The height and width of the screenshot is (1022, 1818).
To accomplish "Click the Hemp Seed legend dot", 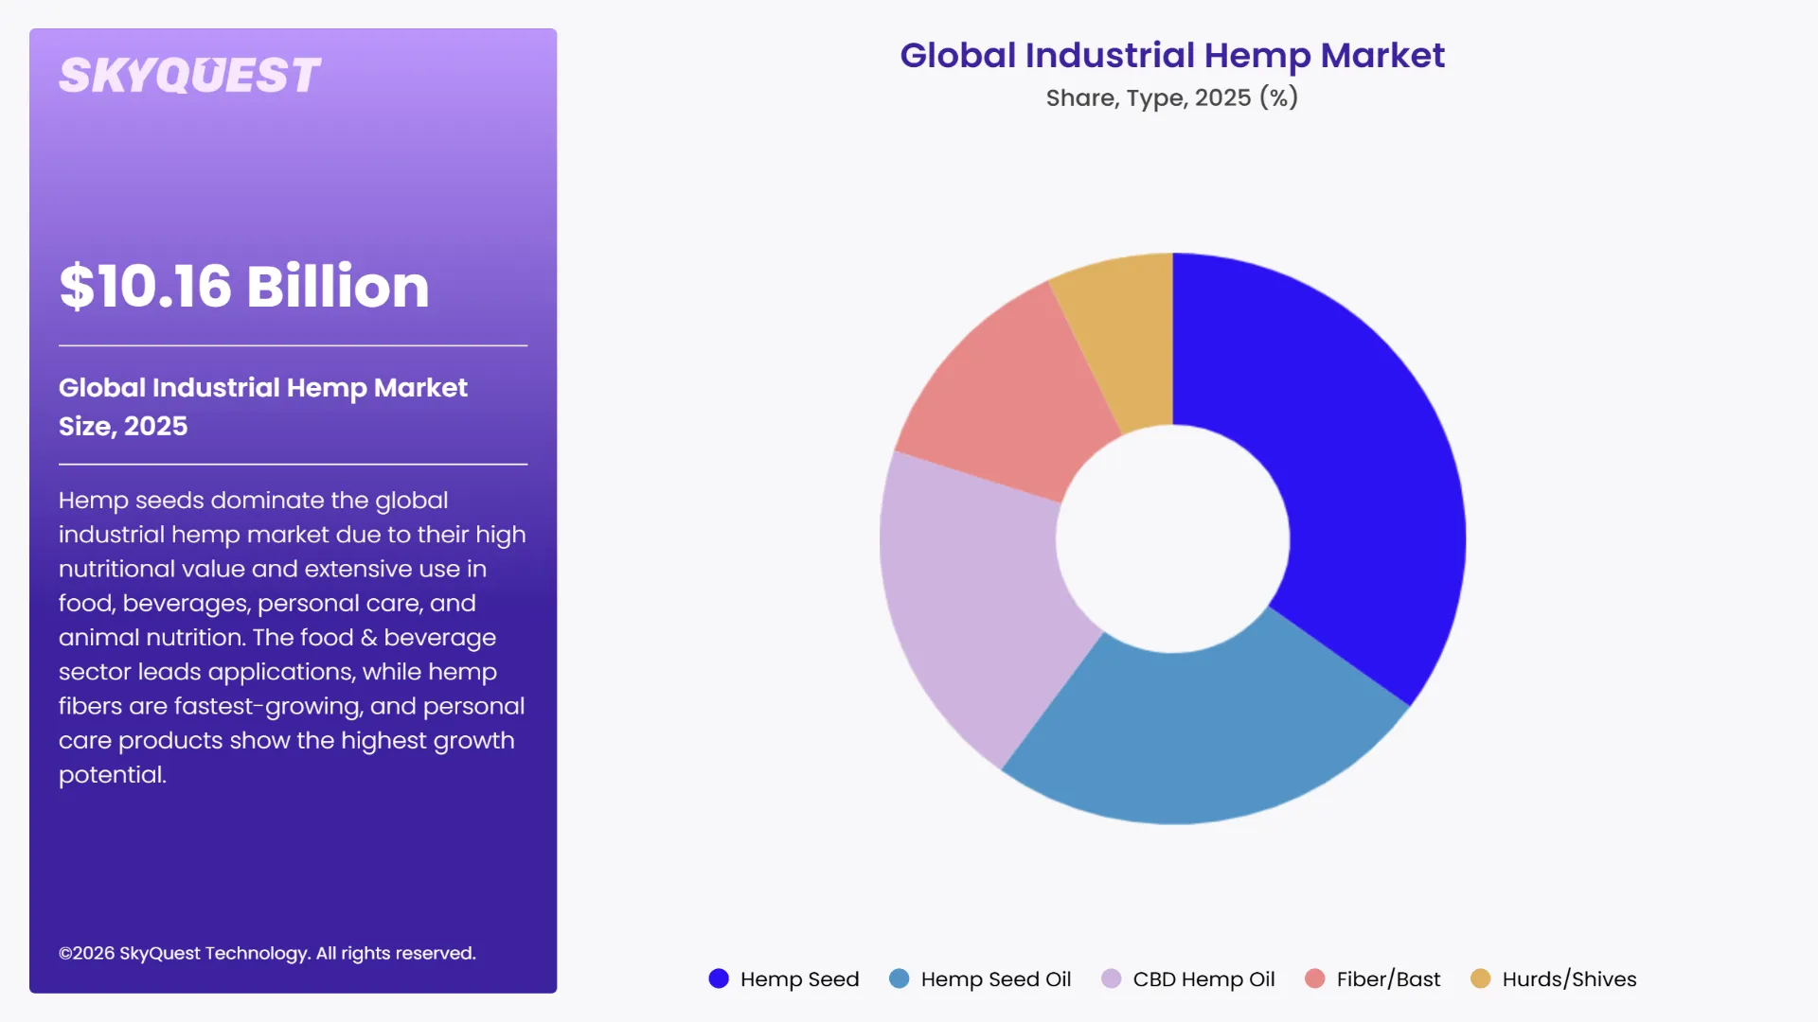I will click(719, 978).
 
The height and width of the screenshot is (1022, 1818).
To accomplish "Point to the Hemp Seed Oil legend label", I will click(995, 978).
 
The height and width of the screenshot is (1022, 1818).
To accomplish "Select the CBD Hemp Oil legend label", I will click(1203, 978).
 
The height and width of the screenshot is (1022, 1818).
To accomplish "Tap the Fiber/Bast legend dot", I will click(1314, 978).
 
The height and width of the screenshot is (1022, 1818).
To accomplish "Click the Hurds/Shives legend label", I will click(1569, 978).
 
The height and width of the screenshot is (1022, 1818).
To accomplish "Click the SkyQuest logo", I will click(189, 76).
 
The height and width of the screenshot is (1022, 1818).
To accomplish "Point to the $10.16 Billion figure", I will click(244, 286).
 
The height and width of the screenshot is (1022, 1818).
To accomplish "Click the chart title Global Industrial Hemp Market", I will click(1172, 55).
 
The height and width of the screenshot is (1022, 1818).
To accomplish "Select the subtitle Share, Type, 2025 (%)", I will click(1172, 97).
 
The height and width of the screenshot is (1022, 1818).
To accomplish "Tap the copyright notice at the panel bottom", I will click(267, 953).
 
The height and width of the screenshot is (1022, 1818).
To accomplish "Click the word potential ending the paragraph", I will click(112, 775).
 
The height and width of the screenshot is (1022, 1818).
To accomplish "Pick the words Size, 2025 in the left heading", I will click(123, 426).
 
